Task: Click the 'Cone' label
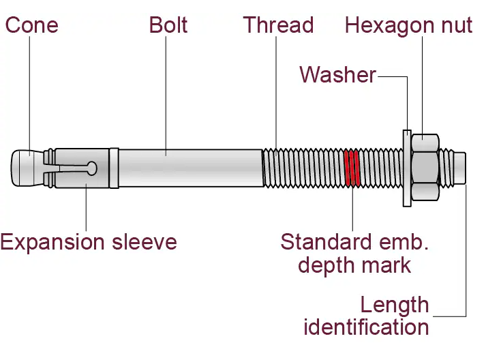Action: pyautogui.click(x=31, y=25)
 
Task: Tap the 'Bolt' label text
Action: pyautogui.click(x=168, y=25)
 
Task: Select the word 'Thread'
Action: pyautogui.click(x=278, y=25)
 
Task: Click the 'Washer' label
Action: pyautogui.click(x=338, y=75)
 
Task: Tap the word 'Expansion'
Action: pyautogui.click(x=52, y=243)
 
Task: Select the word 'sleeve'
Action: pyautogui.click(x=145, y=242)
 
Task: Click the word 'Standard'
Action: pyautogui.click(x=326, y=242)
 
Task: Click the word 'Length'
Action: pyautogui.click(x=395, y=305)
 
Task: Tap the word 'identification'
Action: pyautogui.click(x=366, y=327)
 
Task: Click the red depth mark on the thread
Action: pyautogui.click(x=352, y=168)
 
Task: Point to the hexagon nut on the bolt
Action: pyautogui.click(x=425, y=168)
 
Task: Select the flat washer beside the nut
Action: pyautogui.click(x=407, y=168)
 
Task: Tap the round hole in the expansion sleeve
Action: pyautogui.click(x=92, y=168)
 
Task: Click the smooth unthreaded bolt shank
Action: pyautogui.click(x=191, y=168)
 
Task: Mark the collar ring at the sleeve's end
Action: pyautogui.click(x=114, y=168)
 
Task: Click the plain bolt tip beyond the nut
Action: pyautogui.click(x=460, y=168)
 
